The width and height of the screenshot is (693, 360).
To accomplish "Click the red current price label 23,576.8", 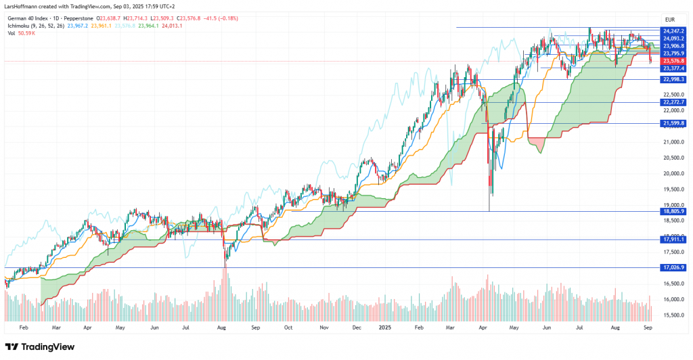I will (x=673, y=61).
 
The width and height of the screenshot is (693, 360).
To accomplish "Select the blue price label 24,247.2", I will (x=673, y=31).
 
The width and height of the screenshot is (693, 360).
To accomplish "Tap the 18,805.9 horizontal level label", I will (x=673, y=211).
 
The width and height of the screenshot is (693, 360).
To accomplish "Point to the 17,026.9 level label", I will (x=673, y=267).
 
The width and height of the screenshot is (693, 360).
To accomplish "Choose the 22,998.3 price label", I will (x=673, y=79).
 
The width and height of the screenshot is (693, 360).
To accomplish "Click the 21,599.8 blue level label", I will (x=673, y=123).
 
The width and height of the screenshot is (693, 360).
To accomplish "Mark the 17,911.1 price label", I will (x=673, y=239).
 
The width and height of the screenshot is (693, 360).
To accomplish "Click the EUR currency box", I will (x=671, y=20).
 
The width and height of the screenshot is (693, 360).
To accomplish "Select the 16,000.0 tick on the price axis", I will (x=673, y=299).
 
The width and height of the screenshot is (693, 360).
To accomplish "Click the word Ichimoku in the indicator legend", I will (x=20, y=25).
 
